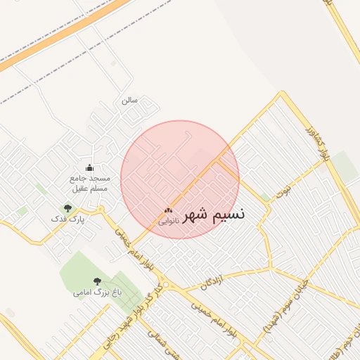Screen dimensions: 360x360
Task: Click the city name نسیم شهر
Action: tap(214, 215)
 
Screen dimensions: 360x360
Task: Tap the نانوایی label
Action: tap(168, 221)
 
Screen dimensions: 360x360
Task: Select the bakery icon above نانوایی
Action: tap(168, 210)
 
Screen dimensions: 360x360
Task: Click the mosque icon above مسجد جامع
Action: tap(89, 167)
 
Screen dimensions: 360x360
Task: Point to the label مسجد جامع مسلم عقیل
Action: tap(89, 183)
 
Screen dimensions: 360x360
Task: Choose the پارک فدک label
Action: tap(68, 219)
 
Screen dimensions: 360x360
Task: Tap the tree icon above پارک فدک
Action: tap(68, 208)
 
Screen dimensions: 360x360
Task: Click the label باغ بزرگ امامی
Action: tap(98, 291)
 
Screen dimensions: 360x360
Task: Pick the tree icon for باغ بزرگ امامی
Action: tap(98, 280)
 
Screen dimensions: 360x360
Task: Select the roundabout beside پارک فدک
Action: tap(101, 209)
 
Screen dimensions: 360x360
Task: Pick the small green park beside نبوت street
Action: tap(265, 198)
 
